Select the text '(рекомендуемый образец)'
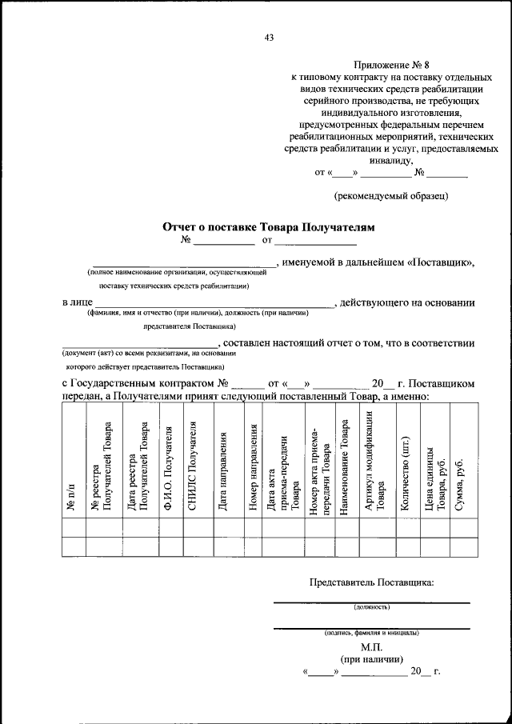click(391, 194)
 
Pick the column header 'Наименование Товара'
click(346, 468)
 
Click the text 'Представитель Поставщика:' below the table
click(372, 582)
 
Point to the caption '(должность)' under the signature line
click(372, 608)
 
